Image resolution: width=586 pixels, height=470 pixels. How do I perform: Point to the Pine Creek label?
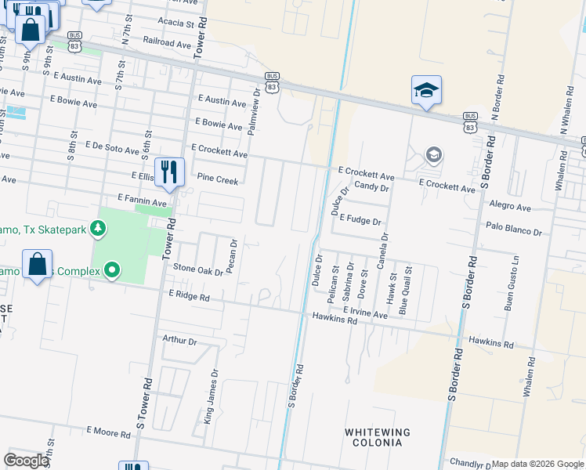(217, 180)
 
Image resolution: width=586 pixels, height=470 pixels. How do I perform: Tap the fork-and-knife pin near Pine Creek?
(169, 172)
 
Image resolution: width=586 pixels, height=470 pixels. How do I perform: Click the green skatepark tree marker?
(98, 229)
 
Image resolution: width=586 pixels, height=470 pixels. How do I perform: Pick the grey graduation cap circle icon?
(433, 155)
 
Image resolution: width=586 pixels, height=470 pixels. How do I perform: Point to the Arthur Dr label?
(179, 340)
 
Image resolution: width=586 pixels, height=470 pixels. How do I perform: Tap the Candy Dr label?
(371, 187)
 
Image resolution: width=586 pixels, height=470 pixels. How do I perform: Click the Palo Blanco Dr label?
(514, 233)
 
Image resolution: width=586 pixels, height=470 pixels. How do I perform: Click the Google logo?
(27, 461)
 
